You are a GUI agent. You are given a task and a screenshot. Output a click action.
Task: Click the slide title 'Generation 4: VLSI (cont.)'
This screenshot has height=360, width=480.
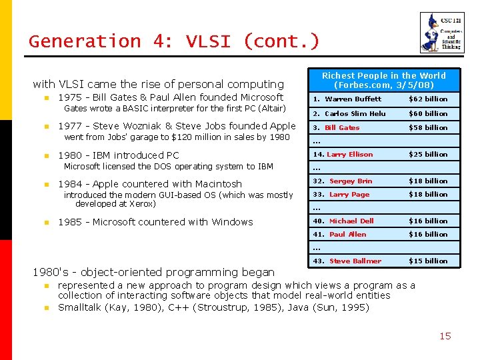tap(174, 41)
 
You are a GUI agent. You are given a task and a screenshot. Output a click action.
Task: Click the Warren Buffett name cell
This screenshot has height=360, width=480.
tap(353, 99)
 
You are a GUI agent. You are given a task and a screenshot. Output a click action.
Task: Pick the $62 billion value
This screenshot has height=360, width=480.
tap(427, 99)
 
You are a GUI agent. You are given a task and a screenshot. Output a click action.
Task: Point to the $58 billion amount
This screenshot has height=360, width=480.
tap(427, 127)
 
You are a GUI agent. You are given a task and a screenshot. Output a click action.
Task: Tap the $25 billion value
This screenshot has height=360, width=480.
tap(427, 155)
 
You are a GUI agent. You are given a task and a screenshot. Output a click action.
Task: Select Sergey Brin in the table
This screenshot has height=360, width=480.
tap(351, 181)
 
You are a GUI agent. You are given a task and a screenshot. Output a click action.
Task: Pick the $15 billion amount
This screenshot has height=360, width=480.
tap(427, 261)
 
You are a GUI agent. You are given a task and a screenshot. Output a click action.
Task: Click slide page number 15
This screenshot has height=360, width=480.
tap(445, 336)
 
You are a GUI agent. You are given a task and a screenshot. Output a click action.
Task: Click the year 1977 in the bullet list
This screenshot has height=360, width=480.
tap(71, 126)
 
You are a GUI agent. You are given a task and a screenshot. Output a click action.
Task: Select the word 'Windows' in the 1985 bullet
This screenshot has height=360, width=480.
tap(231, 222)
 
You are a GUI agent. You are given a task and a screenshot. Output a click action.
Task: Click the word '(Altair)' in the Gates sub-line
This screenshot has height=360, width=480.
tap(269, 109)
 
